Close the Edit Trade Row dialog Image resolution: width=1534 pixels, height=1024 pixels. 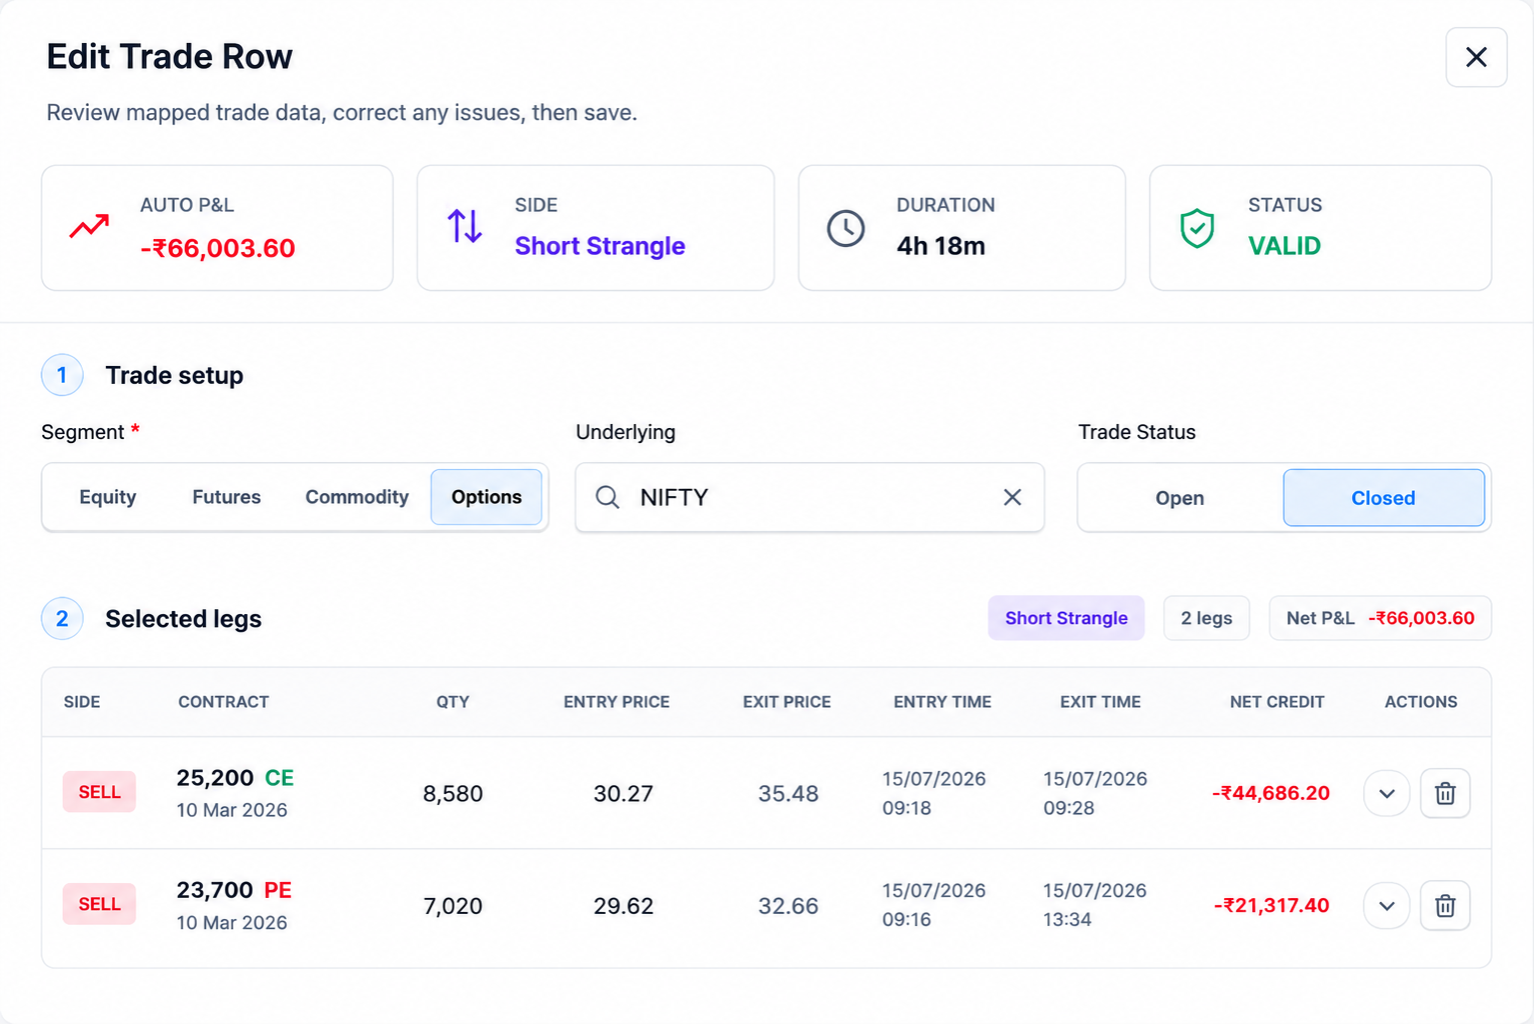point(1476,57)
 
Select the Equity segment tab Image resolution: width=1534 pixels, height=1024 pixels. point(108,497)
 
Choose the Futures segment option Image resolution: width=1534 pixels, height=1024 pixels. point(227,497)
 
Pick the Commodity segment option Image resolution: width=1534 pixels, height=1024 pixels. point(357,497)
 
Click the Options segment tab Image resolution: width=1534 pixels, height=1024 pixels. point(487,497)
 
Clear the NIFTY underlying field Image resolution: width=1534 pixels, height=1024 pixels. point(1012,497)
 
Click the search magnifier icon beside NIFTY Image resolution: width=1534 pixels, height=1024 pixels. point(607,497)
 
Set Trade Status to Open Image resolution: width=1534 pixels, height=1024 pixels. point(1179,498)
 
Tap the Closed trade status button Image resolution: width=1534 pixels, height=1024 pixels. point(1383,498)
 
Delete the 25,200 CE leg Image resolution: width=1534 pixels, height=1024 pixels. point(1445,793)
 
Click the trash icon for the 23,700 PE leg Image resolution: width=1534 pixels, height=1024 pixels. point(1445,905)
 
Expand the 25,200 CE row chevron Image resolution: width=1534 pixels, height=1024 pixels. point(1387,794)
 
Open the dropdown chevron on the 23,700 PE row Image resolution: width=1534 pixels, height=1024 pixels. point(1387,906)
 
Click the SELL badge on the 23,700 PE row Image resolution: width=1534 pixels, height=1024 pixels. point(99,904)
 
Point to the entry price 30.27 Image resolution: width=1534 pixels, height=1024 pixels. point(624,793)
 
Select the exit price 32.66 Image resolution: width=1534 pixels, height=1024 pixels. point(788,905)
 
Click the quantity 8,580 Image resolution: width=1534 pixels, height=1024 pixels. point(453,794)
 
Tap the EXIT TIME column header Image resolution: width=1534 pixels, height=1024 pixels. point(1100,702)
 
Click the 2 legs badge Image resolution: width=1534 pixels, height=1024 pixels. point(1206,618)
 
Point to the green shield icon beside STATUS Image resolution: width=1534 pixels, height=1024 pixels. point(1197,228)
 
